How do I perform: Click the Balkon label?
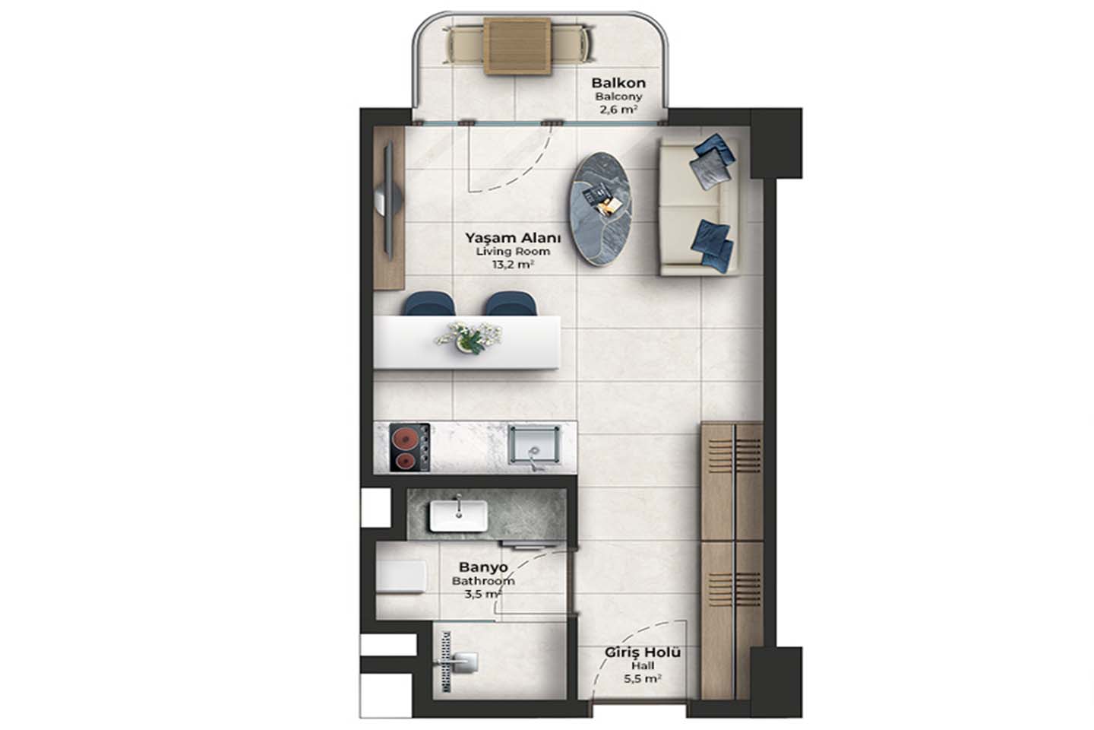[618, 83]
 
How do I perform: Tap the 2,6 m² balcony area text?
[618, 109]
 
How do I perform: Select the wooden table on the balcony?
[517, 46]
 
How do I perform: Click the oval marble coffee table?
[601, 209]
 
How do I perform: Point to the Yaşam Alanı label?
[512, 238]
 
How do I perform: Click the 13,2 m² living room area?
[512, 265]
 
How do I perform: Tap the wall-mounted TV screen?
[389, 201]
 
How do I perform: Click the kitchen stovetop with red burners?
[409, 447]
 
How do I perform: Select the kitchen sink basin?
[534, 444]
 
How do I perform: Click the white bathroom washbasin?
[458, 516]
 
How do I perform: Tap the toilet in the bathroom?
[401, 576]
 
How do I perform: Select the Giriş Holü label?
[642, 652]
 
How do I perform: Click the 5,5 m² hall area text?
[642, 678]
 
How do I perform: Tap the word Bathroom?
[483, 581]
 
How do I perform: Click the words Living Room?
[512, 252]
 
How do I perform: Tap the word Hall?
[642, 665]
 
